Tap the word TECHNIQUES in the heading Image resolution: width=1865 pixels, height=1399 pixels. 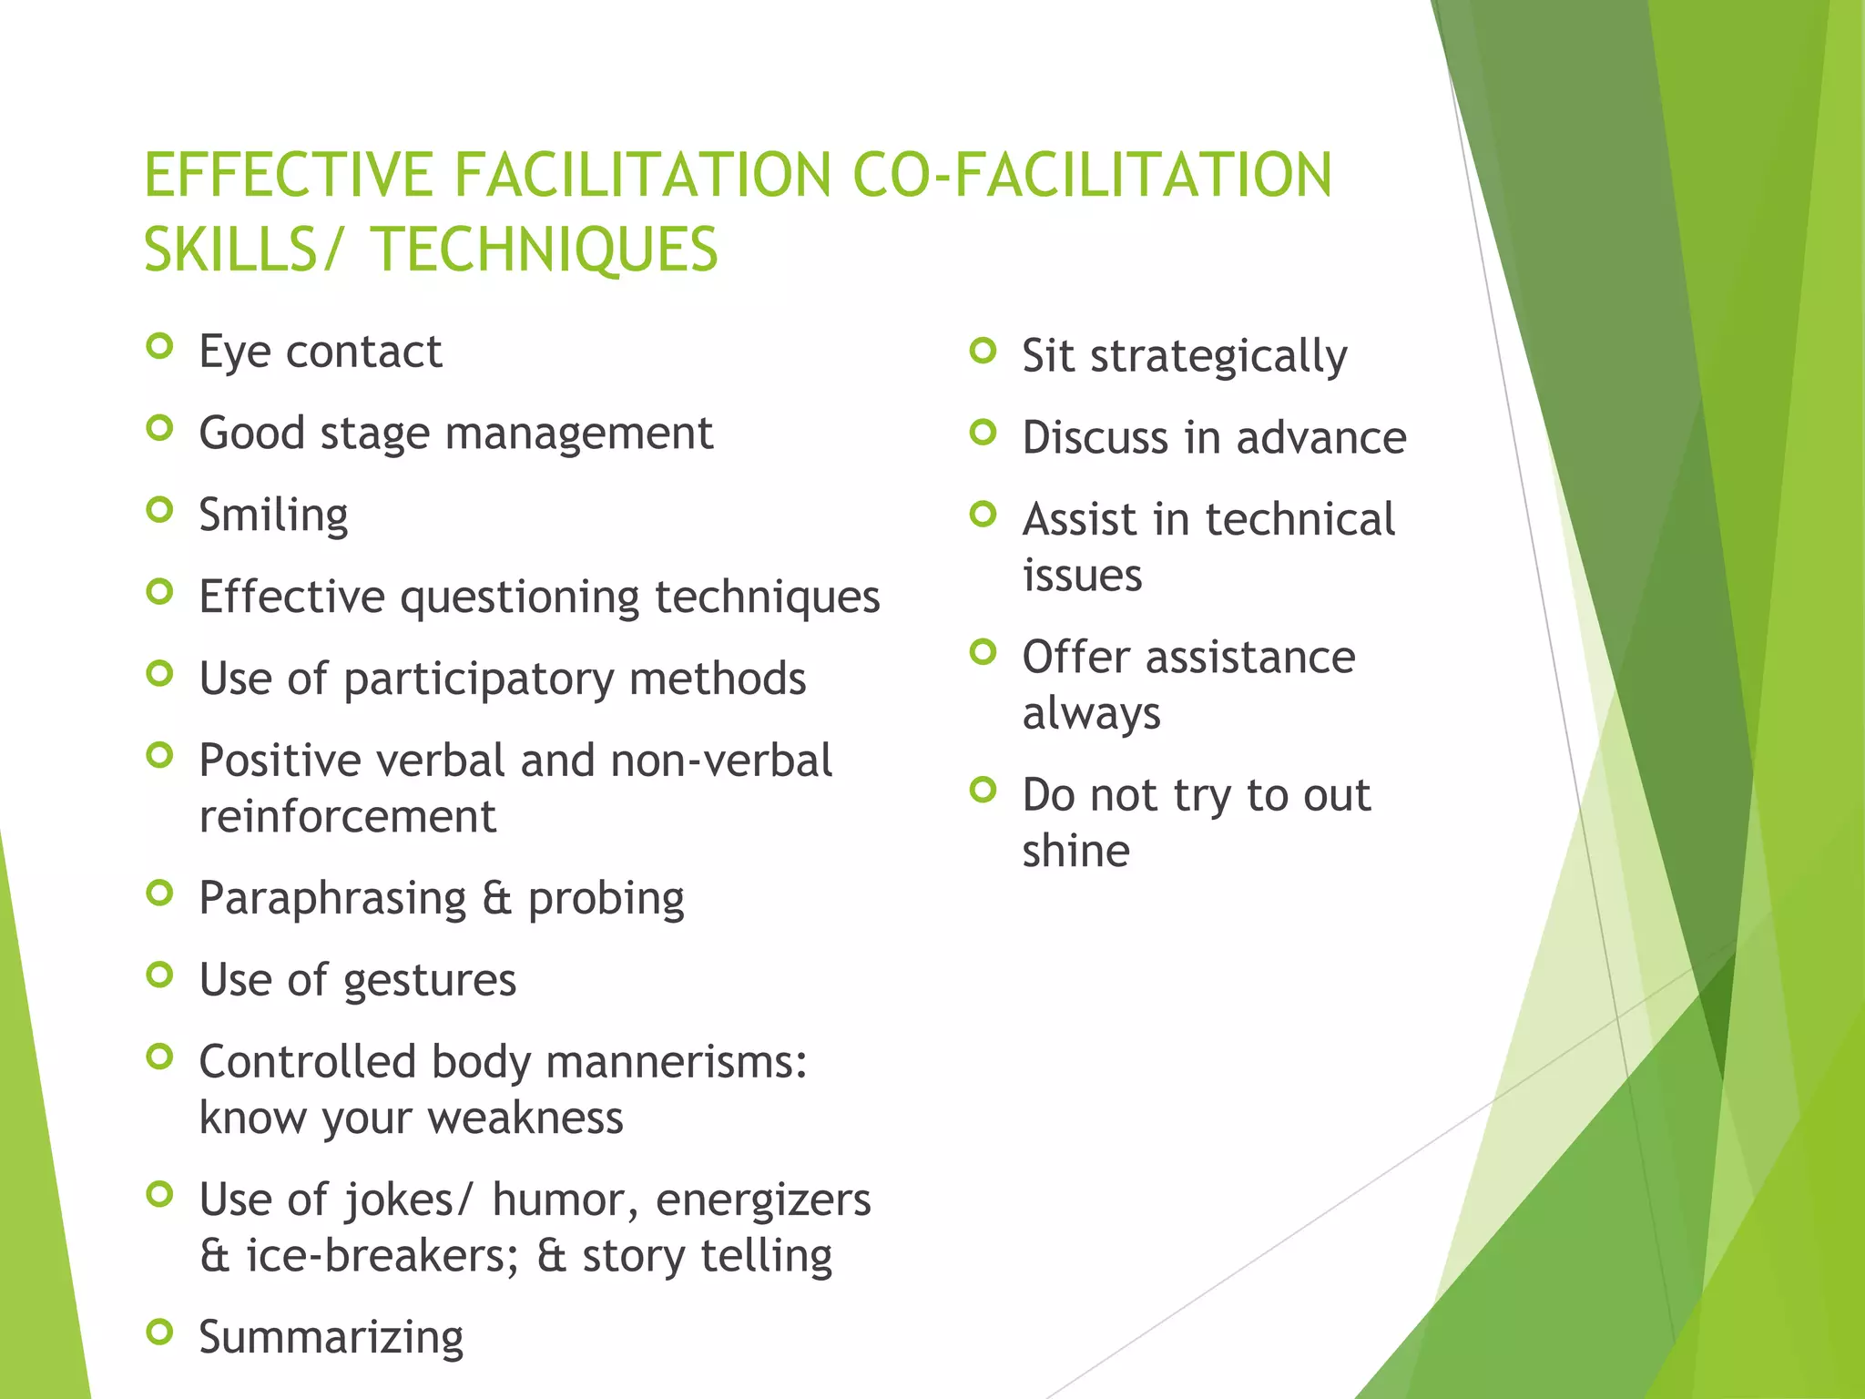tap(544, 250)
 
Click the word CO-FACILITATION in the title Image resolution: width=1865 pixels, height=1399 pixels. tap(1092, 175)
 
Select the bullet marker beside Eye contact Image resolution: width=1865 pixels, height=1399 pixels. tap(159, 346)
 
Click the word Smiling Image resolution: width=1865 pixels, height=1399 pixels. tap(273, 516)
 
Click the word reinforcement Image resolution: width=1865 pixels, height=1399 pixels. tap(348, 816)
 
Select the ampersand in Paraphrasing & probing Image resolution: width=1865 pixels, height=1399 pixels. tap(497, 898)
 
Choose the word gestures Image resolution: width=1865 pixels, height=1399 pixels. tap(430, 982)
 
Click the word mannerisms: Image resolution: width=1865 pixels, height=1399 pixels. tap(677, 1062)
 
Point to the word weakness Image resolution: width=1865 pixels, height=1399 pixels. tap(525, 1118)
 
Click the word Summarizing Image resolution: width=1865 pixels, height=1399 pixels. tap(331, 1338)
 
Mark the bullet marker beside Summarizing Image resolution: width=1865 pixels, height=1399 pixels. tap(159, 1333)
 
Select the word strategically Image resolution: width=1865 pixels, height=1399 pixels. tap(1218, 357)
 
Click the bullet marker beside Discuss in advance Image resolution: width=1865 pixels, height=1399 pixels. tap(983, 432)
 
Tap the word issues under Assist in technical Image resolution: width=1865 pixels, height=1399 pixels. tap(1082, 576)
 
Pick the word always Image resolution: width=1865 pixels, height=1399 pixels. tap(1091, 713)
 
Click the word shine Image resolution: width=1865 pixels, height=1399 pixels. tap(1075, 851)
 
